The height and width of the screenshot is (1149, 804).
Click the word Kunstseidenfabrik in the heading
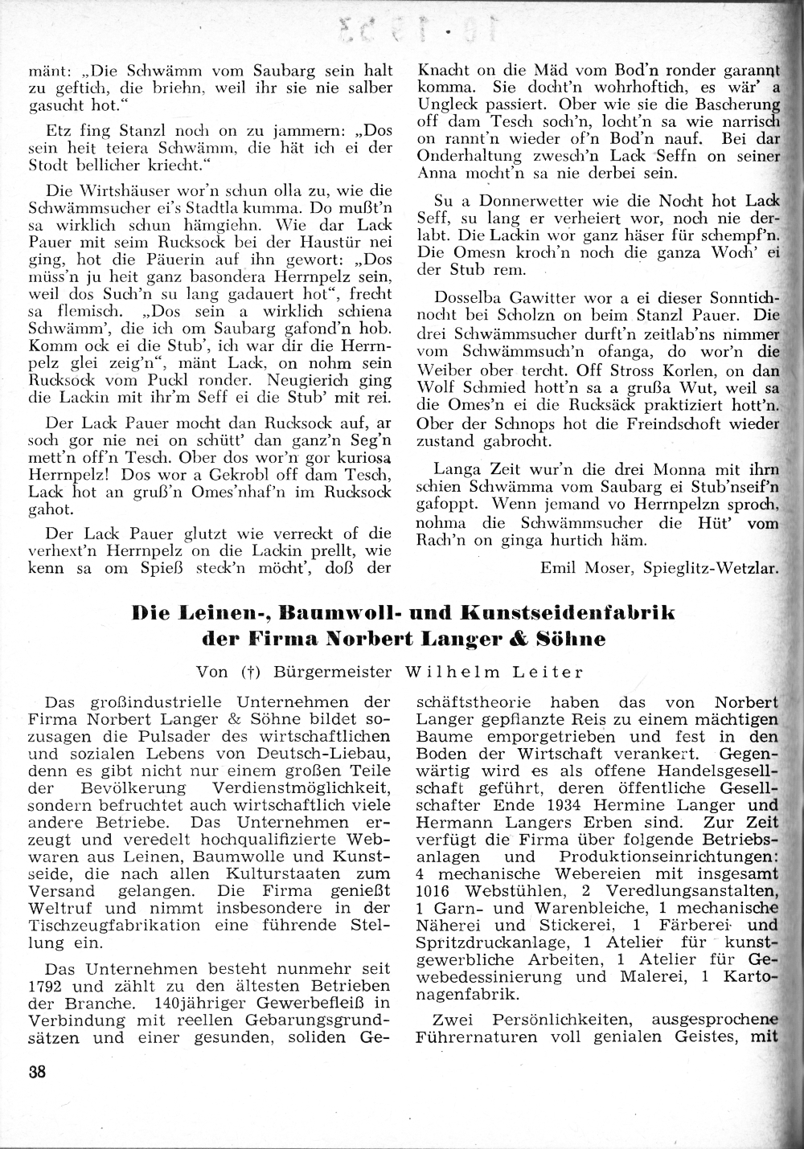pos(569,615)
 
